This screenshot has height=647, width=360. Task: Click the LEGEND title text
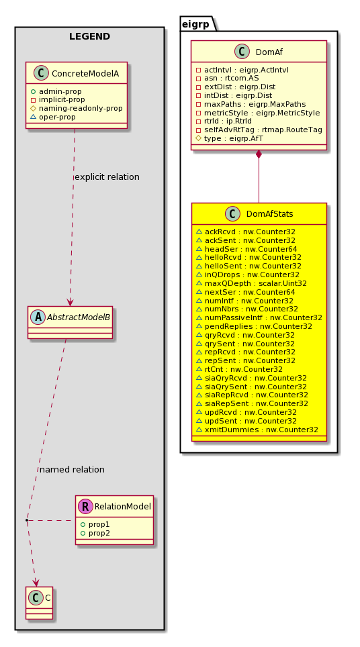(x=89, y=36)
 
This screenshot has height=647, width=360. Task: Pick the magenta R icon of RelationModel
(x=87, y=506)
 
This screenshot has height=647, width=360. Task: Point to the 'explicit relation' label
(x=107, y=177)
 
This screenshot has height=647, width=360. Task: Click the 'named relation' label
(x=72, y=470)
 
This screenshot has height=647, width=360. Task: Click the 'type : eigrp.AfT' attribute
(x=233, y=139)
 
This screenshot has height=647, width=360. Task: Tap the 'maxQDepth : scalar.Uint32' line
(x=255, y=283)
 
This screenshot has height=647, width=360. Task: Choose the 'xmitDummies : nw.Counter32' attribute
(x=261, y=430)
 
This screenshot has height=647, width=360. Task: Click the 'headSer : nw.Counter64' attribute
(x=251, y=249)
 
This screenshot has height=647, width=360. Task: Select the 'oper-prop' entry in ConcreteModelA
(x=57, y=117)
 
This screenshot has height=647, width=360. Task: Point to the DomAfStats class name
(x=269, y=213)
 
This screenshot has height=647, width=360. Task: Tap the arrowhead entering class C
(x=36, y=582)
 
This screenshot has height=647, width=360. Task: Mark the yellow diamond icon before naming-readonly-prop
(x=34, y=109)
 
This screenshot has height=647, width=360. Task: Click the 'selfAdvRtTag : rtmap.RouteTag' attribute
(x=263, y=130)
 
